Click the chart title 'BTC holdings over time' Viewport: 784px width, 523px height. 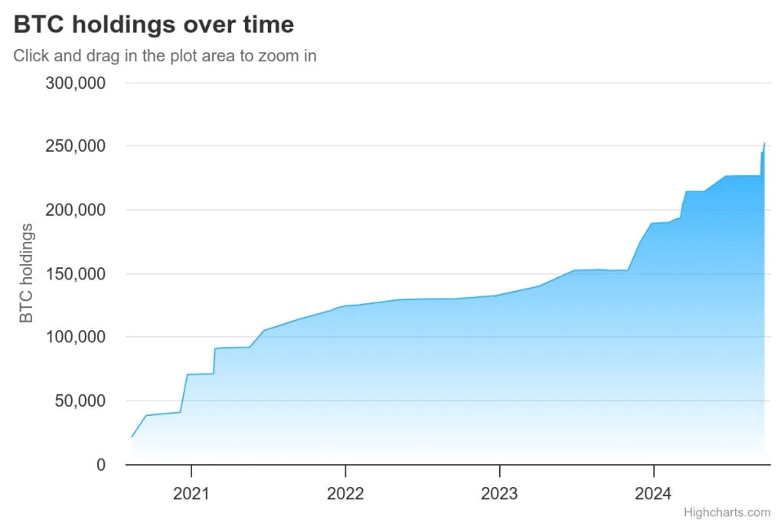154,25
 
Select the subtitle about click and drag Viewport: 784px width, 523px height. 165,56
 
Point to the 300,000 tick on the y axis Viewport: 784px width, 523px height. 76,83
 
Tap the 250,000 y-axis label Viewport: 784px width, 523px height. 76,146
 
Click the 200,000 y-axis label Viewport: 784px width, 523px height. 76,210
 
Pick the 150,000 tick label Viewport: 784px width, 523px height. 76,273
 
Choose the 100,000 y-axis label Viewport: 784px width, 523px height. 76,337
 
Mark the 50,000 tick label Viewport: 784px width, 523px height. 80,400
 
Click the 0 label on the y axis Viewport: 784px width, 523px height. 101,465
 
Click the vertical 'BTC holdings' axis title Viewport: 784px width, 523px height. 27,273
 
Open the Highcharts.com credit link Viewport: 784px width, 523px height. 727,512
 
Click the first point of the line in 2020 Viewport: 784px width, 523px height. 132,436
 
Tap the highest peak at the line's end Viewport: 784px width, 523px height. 764,143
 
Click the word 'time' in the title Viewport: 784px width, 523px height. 268,25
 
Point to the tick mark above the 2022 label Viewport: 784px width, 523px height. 346,469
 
